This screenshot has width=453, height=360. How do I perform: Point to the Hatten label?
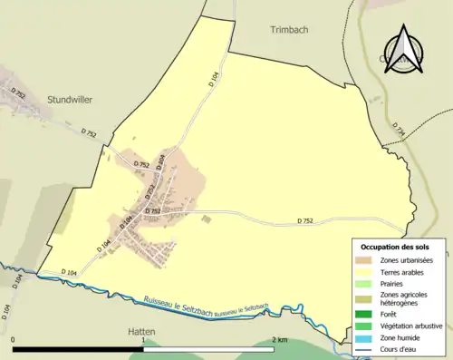point(138,332)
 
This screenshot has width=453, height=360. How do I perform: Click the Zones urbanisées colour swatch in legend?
point(366,260)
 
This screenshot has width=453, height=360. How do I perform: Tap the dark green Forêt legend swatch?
point(366,314)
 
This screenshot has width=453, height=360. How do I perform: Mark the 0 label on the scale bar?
point(14,339)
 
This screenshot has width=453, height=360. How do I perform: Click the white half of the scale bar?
point(208,349)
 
